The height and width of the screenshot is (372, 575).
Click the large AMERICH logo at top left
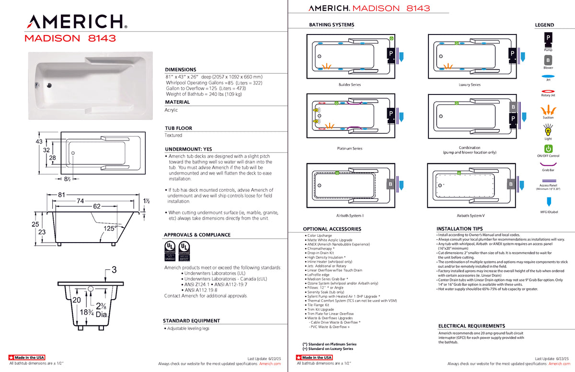coord(76,22)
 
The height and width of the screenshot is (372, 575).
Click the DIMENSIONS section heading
coord(181,70)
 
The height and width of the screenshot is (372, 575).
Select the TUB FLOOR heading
coord(178,128)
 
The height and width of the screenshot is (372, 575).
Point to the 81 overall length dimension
coord(62,195)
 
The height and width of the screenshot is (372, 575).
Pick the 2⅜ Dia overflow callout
coord(101,310)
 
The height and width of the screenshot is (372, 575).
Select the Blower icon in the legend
coord(548,60)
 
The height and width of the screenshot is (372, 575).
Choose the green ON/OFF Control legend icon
coord(548,149)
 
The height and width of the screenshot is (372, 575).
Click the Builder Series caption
coord(349,85)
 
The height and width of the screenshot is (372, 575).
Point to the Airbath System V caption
coord(470,216)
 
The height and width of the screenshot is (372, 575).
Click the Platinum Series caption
coord(350,149)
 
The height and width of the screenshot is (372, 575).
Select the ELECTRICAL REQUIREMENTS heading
coord(471,326)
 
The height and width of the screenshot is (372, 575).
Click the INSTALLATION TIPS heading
coord(460,229)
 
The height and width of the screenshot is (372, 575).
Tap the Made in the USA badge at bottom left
coord(27,358)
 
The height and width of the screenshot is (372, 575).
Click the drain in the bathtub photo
coord(48,86)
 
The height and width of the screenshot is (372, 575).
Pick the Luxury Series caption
coord(469,85)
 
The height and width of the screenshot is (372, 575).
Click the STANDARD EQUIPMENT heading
coord(191,321)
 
